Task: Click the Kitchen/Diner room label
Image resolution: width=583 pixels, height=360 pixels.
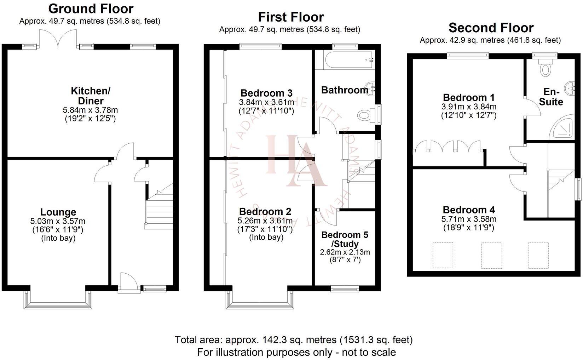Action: (x=91, y=96)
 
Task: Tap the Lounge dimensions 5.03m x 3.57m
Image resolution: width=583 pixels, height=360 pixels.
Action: (x=58, y=222)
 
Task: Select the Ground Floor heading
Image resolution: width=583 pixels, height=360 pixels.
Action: (x=91, y=8)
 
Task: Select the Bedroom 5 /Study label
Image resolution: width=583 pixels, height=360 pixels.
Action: (x=345, y=239)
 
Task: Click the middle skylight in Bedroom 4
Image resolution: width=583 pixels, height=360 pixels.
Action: (x=492, y=255)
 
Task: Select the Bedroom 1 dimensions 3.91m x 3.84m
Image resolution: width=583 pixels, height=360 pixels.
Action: (x=469, y=107)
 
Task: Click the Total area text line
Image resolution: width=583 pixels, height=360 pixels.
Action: (x=294, y=340)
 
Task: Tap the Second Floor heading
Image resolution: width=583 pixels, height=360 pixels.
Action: (x=491, y=28)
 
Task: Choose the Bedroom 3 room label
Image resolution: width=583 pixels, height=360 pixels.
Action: (x=266, y=93)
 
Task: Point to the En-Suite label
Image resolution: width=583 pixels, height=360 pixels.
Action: (x=551, y=97)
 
